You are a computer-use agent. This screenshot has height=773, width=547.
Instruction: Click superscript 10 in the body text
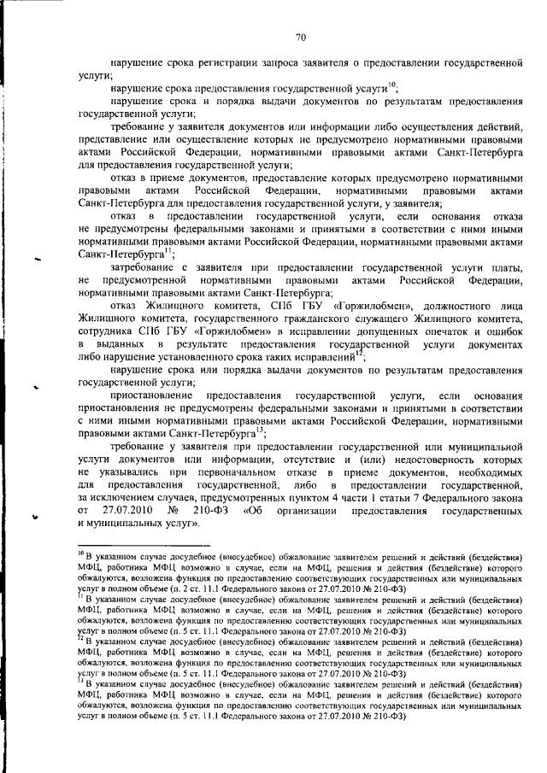tap(391, 84)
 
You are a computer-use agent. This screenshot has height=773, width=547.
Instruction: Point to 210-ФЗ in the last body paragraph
tap(210, 510)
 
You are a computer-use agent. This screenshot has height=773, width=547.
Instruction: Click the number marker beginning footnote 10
tap(80, 553)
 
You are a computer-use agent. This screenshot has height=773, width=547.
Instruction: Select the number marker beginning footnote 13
tap(80, 682)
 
